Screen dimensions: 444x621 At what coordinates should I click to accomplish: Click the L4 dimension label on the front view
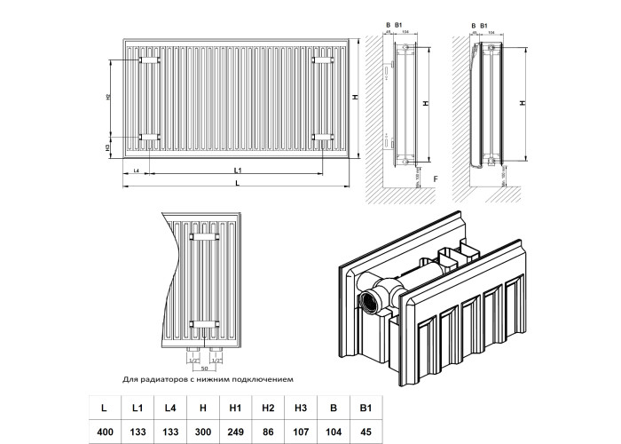pos(136,169)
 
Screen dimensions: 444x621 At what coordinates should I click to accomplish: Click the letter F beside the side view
pos(435,179)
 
